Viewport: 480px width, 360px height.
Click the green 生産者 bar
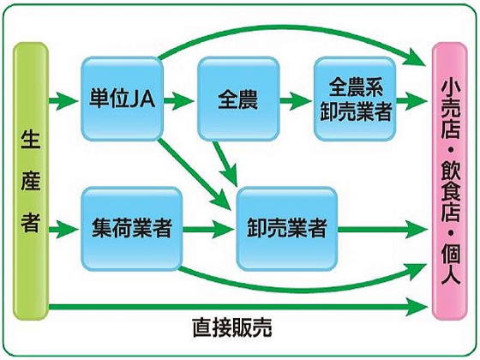point(31,181)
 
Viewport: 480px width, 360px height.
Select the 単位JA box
point(122,99)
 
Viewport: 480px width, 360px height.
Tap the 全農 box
point(238,99)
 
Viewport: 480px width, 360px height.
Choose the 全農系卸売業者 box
point(355,99)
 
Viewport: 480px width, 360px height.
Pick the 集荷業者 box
point(132,229)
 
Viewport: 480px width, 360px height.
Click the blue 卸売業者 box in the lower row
point(287,229)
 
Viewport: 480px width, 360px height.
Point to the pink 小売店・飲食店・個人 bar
point(450,181)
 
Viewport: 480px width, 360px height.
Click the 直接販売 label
point(232,327)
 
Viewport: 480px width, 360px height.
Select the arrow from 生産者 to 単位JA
point(63,100)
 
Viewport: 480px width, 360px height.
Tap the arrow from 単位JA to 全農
point(179,100)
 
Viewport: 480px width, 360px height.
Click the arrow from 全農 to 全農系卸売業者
point(296,100)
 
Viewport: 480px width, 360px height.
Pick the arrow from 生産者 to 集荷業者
point(63,229)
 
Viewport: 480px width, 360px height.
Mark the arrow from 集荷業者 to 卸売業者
point(207,229)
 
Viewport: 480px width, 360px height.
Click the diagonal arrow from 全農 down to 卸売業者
point(225,164)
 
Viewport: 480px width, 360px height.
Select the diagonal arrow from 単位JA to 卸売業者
point(194,175)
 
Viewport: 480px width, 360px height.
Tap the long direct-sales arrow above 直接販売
point(238,307)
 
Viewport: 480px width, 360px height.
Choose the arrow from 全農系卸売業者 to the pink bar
point(412,100)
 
